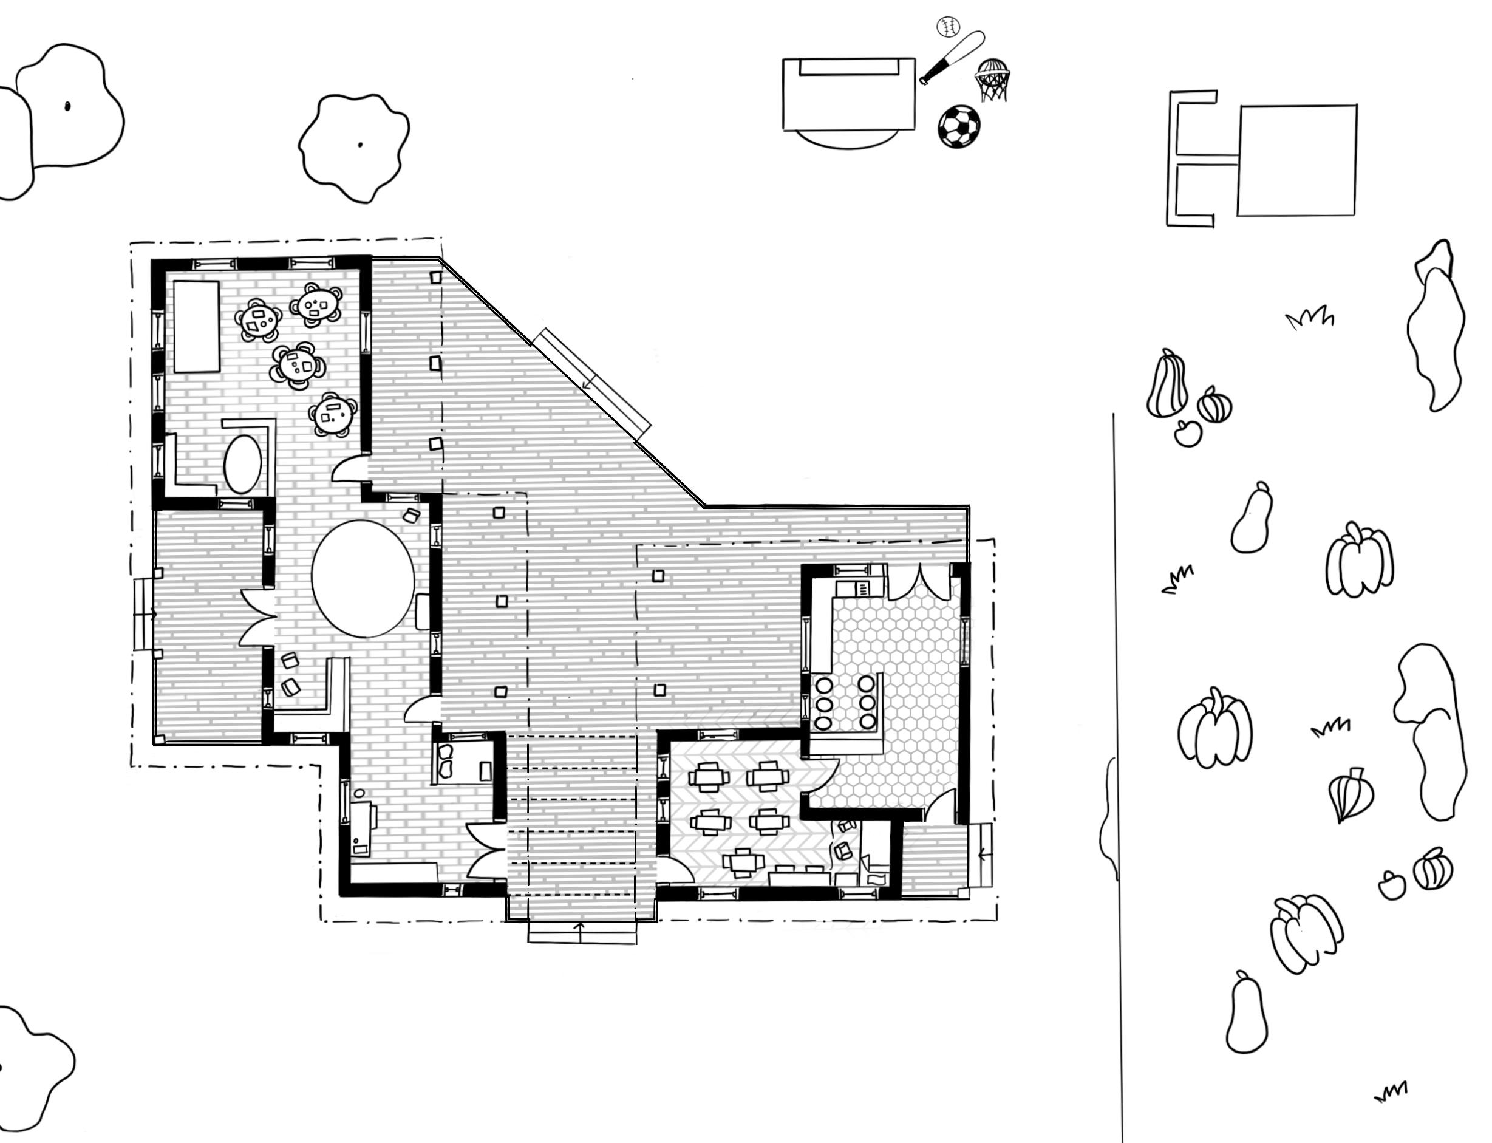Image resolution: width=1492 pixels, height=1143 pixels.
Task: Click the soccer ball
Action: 959,126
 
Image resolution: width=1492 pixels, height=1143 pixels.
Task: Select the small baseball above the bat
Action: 948,27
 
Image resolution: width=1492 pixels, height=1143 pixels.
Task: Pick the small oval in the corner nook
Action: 242,463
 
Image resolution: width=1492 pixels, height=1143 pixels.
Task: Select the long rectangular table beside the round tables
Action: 197,327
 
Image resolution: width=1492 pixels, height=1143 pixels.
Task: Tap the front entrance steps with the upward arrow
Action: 582,933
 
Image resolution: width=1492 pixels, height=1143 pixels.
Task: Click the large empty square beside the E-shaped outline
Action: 1296,160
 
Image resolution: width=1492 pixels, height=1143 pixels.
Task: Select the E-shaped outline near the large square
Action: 1191,158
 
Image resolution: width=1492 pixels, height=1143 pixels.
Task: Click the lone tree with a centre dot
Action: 355,146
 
